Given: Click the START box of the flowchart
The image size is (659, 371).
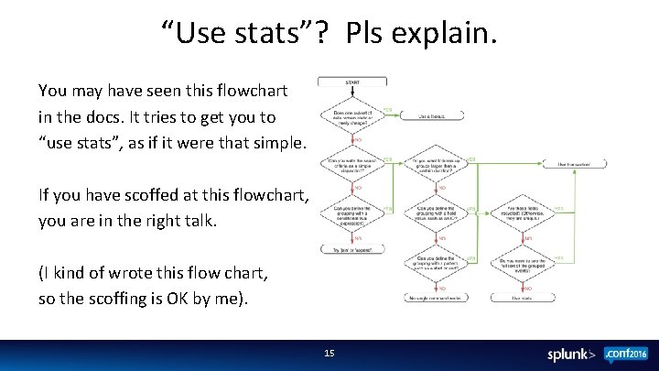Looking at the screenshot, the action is [351, 83].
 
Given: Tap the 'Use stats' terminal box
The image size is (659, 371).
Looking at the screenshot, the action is [526, 298].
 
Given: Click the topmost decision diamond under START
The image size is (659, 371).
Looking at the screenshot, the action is [351, 116].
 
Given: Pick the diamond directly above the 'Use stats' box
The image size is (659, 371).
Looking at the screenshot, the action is [526, 266].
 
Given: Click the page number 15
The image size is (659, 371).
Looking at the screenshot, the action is [330, 353].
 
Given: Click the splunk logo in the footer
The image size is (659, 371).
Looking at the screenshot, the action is [572, 354].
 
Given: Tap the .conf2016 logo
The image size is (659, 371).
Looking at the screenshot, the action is [624, 353].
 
